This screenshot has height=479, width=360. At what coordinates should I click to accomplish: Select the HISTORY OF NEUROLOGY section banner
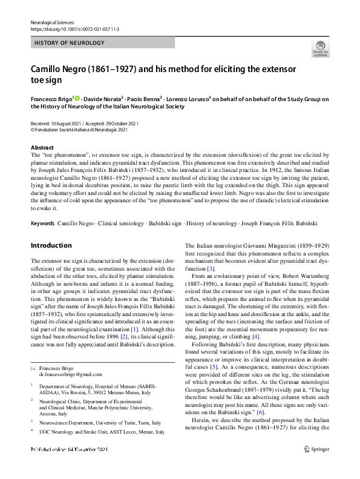point(70,43)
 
